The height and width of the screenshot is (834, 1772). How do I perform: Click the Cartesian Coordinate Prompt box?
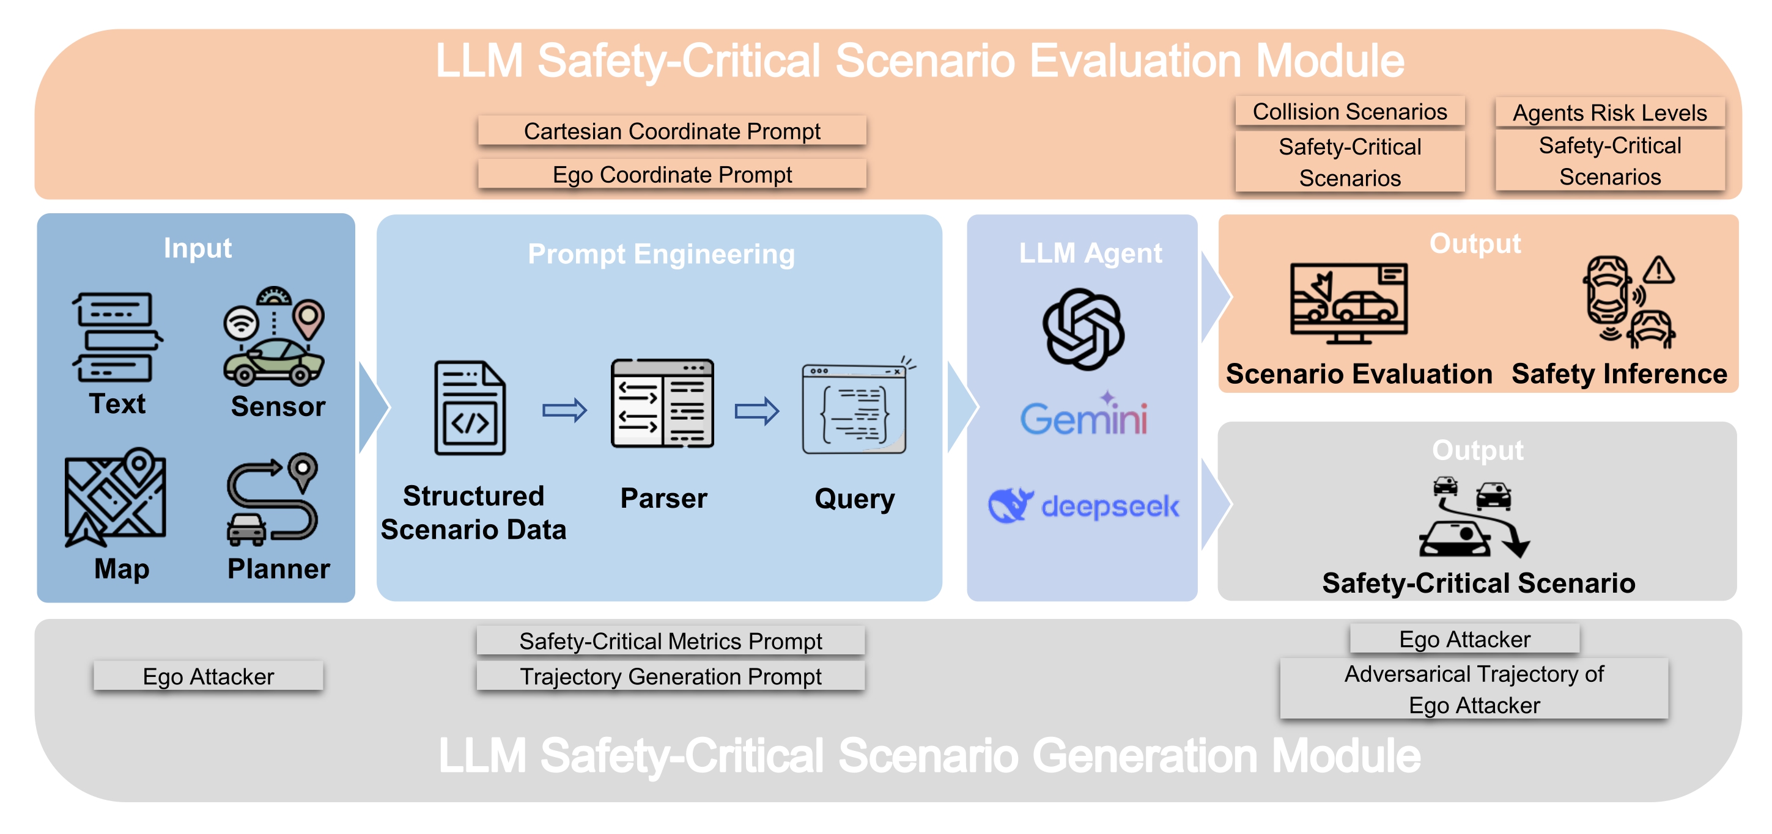671,131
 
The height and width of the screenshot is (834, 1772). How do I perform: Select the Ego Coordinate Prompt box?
671,174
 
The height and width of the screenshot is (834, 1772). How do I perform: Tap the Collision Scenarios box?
1349,111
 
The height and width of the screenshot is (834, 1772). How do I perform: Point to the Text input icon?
116,337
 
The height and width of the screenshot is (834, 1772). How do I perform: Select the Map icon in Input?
115,496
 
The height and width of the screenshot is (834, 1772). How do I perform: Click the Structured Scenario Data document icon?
470,408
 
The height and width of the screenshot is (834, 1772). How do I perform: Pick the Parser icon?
662,404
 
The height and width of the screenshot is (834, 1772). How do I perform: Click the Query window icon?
855,408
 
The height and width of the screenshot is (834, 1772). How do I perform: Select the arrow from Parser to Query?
757,411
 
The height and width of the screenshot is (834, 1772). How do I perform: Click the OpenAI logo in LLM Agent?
1083,329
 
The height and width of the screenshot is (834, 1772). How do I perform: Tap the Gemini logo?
1083,415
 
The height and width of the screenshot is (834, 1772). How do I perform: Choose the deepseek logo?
1083,506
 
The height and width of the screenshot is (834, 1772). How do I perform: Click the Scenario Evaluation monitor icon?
1348,302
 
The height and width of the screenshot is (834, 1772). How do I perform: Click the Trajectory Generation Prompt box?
670,676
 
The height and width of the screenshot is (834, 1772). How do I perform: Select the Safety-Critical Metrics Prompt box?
670,641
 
